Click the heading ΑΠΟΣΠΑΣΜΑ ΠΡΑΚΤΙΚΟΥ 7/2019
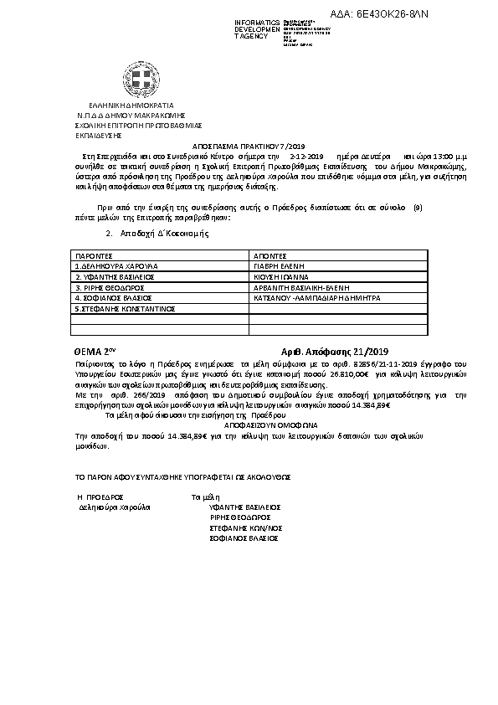[x=249, y=144]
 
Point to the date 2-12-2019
[x=305, y=156]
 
